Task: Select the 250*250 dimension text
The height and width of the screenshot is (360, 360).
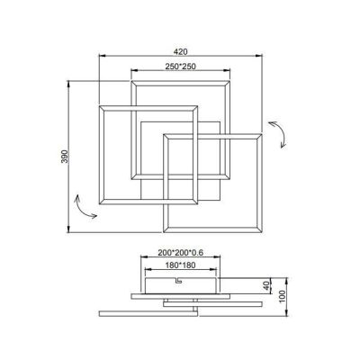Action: click(180, 67)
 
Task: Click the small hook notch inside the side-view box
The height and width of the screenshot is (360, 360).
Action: click(178, 281)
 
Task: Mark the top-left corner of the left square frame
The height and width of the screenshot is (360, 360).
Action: click(100, 108)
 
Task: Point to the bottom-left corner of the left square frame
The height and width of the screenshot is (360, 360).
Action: click(100, 204)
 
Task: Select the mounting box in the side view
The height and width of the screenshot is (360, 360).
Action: click(180, 283)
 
